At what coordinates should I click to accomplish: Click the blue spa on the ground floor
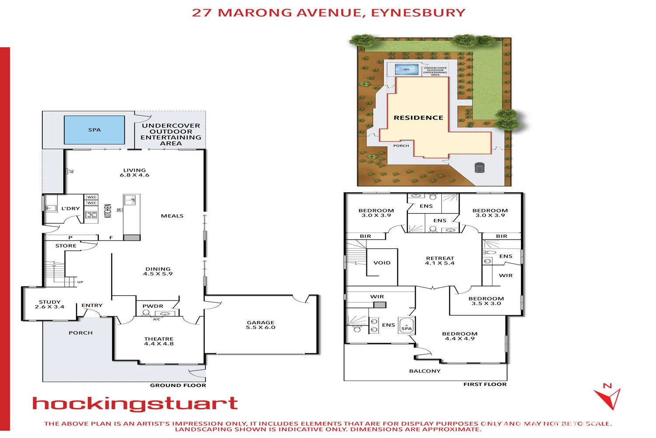click(94, 130)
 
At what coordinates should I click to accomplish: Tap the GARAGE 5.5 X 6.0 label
click(261, 325)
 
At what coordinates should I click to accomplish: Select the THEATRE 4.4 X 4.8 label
click(159, 341)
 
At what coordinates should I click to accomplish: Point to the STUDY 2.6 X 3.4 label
click(49, 304)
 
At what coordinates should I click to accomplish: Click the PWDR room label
click(153, 306)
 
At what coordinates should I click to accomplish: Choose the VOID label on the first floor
click(382, 263)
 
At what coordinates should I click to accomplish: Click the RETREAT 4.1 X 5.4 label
click(440, 261)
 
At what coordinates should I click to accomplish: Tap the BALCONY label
click(425, 371)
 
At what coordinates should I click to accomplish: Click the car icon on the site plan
click(480, 167)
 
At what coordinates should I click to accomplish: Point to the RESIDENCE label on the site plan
click(419, 118)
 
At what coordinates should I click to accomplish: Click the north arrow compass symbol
click(608, 397)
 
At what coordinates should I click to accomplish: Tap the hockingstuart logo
click(135, 404)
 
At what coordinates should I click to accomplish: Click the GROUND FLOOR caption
click(178, 385)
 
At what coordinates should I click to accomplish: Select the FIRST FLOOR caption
click(485, 384)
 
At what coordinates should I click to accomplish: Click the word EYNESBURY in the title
click(418, 13)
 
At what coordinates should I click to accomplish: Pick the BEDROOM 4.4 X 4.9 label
click(460, 336)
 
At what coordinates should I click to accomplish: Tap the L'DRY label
click(70, 208)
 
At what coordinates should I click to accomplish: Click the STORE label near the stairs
click(66, 246)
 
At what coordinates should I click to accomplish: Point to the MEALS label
click(172, 216)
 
